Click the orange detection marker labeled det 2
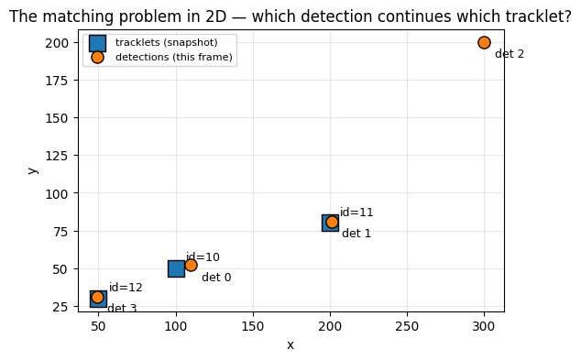pyautogui.click(x=484, y=42)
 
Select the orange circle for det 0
pyautogui.click(x=191, y=265)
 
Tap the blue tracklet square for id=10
pyautogui.click(x=176, y=269)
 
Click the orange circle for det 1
pyautogui.click(x=332, y=223)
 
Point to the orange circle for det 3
pyautogui.click(x=97, y=297)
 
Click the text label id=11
pyautogui.click(x=356, y=213)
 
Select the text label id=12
pyautogui.click(x=126, y=288)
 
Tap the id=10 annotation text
pyautogui.click(x=203, y=257)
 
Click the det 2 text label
pyautogui.click(x=510, y=54)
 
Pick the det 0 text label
pyautogui.click(x=216, y=277)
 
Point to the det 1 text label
pyautogui.click(x=356, y=234)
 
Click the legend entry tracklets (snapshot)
pyautogui.click(x=167, y=42)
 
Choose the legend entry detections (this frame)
pyautogui.click(x=174, y=57)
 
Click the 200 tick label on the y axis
pyautogui.click(x=57, y=43)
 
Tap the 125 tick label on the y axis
pyautogui.click(x=57, y=156)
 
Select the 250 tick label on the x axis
pyautogui.click(x=407, y=326)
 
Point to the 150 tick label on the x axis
pyautogui.click(x=253, y=326)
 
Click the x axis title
pyautogui.click(x=290, y=345)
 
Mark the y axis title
pyautogui.click(x=33, y=170)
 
